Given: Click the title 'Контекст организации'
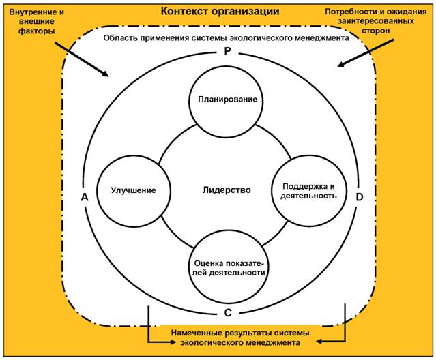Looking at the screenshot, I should pos(218,12).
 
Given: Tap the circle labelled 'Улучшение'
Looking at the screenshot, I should pos(129,190).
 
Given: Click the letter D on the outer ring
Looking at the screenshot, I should pos(360,196).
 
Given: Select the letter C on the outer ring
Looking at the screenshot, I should pos(227,312).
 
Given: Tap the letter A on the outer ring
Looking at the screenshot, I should pos(85,196).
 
